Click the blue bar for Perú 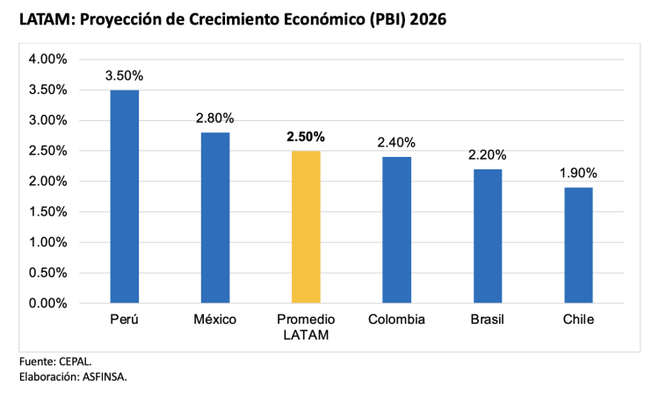point(124,196)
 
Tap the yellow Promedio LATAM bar point(305,227)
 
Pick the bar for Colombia point(396,230)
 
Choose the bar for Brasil point(487,236)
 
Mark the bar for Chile point(577,246)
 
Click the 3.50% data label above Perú point(124,75)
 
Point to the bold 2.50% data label point(305,137)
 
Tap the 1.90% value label point(577,173)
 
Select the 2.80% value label point(214,118)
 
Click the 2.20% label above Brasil point(487,155)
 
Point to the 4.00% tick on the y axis point(47,60)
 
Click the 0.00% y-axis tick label point(47,304)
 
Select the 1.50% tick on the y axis point(47,212)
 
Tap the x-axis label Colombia point(396,319)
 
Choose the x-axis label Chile point(577,319)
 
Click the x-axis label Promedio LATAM point(305,326)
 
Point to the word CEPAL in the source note point(75,361)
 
